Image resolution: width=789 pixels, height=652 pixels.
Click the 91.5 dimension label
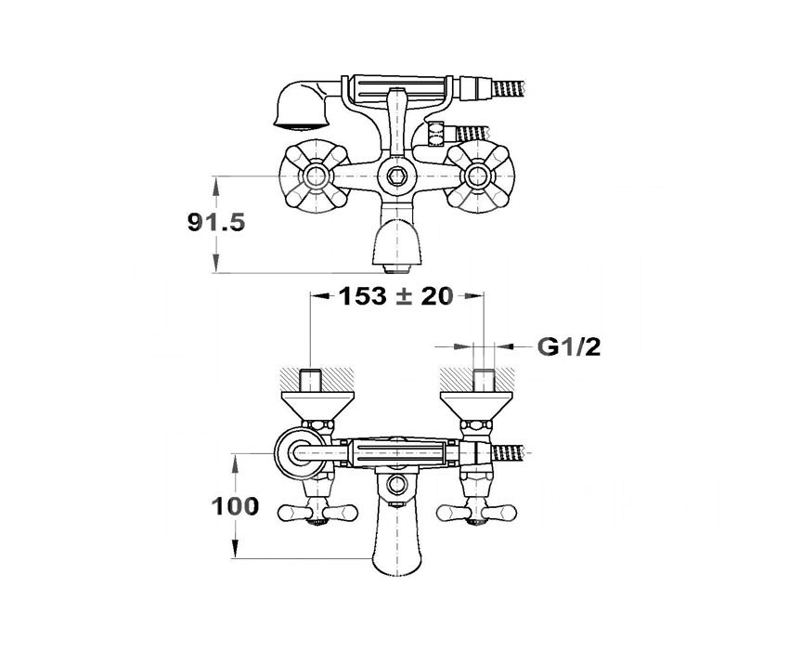(216, 222)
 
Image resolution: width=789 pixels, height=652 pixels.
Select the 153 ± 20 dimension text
(395, 296)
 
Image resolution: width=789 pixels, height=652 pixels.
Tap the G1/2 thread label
(569, 346)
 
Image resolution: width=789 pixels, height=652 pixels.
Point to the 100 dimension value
(235, 506)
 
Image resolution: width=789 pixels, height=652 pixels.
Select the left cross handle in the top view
(316, 176)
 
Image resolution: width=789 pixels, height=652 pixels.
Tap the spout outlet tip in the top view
(397, 268)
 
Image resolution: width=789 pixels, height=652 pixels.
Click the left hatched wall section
(317, 379)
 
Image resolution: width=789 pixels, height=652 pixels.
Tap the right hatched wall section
(476, 379)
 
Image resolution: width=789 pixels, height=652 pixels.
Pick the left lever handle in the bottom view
(317, 513)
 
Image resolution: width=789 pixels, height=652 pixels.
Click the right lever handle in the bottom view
(476, 513)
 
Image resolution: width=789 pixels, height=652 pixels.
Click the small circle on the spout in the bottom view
(397, 484)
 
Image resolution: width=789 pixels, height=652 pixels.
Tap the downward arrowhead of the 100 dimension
(235, 548)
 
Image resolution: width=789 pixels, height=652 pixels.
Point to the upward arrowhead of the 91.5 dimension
(216, 187)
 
